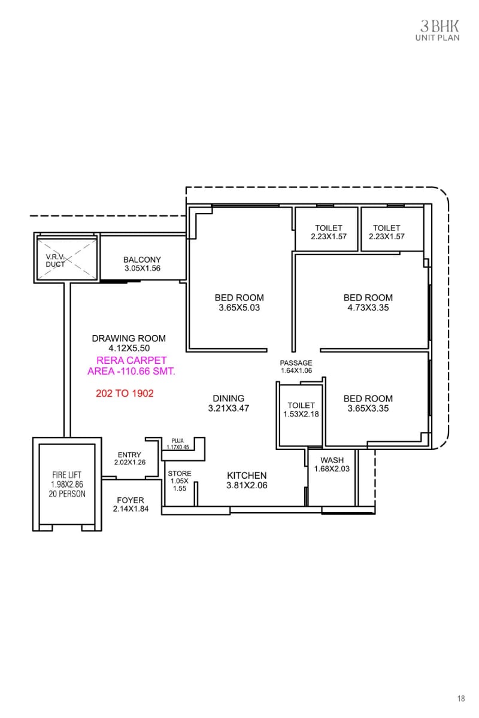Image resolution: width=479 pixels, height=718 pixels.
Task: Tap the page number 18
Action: click(460, 698)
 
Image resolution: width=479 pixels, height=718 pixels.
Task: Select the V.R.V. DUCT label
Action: click(56, 260)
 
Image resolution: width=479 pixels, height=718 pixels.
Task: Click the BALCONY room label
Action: click(142, 260)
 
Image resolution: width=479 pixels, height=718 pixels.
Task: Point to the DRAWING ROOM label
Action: click(129, 338)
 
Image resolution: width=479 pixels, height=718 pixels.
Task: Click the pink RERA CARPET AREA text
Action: click(131, 366)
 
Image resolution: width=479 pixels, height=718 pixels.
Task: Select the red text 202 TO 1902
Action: click(125, 394)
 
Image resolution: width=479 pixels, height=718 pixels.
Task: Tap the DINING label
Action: click(228, 398)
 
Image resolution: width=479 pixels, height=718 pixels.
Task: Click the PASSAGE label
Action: click(296, 363)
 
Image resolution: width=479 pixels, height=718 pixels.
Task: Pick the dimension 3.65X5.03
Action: click(239, 308)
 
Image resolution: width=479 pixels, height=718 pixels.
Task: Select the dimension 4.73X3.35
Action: click(368, 308)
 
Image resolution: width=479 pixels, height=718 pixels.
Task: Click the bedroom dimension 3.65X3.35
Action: click(368, 409)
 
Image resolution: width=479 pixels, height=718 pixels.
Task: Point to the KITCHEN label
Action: click(247, 476)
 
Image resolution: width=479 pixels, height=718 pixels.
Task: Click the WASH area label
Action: click(332, 460)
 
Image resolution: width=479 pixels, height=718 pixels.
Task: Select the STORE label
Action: click(180, 474)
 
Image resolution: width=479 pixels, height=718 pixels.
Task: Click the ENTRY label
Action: click(129, 455)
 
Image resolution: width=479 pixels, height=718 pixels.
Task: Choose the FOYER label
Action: click(130, 500)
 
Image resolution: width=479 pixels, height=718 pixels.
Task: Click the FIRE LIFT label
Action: click(66, 475)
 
